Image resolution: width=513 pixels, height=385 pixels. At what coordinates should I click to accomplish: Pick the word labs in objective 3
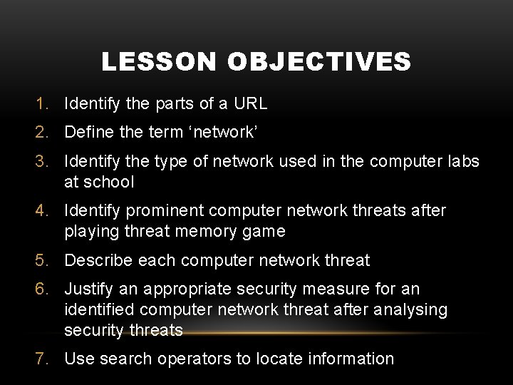(464, 163)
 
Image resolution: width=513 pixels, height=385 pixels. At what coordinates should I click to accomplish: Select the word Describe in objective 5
(96, 260)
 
